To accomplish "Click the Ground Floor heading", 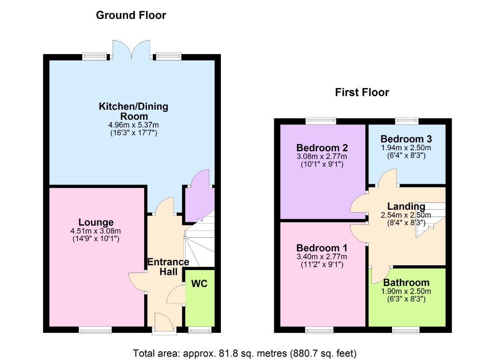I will pyautogui.click(x=131, y=15).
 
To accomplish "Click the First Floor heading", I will pyautogui.click(x=362, y=92).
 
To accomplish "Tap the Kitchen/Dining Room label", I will pyautogui.click(x=133, y=111).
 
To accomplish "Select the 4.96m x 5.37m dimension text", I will pyautogui.click(x=133, y=125).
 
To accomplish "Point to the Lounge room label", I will pyautogui.click(x=96, y=222).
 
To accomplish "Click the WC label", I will pyautogui.click(x=199, y=284).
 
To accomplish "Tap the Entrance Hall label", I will pyautogui.click(x=168, y=267).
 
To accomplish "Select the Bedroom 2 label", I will pyautogui.click(x=322, y=147).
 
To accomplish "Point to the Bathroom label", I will pyautogui.click(x=406, y=283).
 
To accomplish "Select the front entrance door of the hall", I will pyautogui.click(x=164, y=323).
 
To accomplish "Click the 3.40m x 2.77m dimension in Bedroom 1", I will pyautogui.click(x=322, y=257).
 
